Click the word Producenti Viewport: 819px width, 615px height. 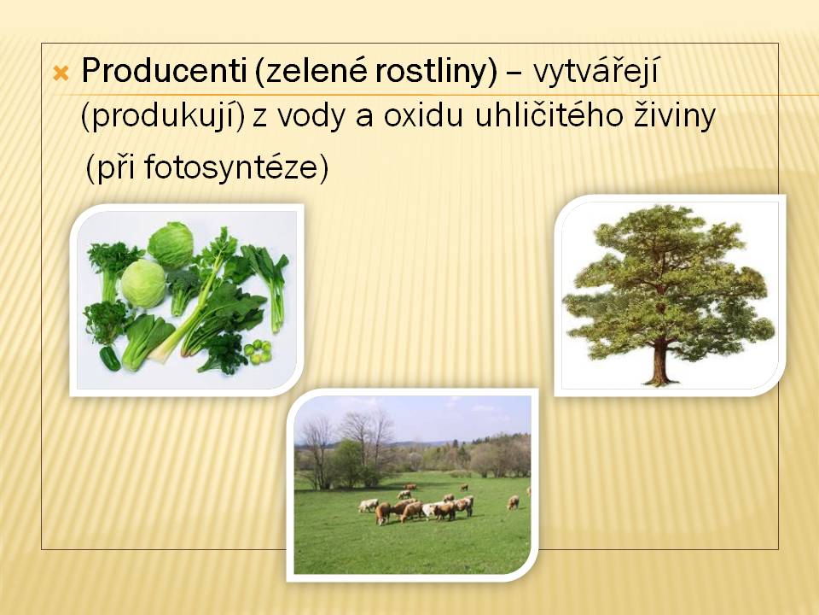click(x=164, y=71)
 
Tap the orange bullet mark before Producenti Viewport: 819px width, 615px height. click(x=61, y=73)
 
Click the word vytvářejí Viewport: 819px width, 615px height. click(x=596, y=72)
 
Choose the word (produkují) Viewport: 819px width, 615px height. click(x=163, y=117)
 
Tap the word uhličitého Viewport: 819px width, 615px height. click(x=549, y=115)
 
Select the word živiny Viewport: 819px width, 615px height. click(x=675, y=116)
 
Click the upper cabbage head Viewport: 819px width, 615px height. click(x=171, y=245)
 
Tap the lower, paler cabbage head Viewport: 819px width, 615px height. click(x=143, y=284)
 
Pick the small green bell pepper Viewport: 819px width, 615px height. click(x=110, y=360)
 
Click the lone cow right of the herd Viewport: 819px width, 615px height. click(x=514, y=502)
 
